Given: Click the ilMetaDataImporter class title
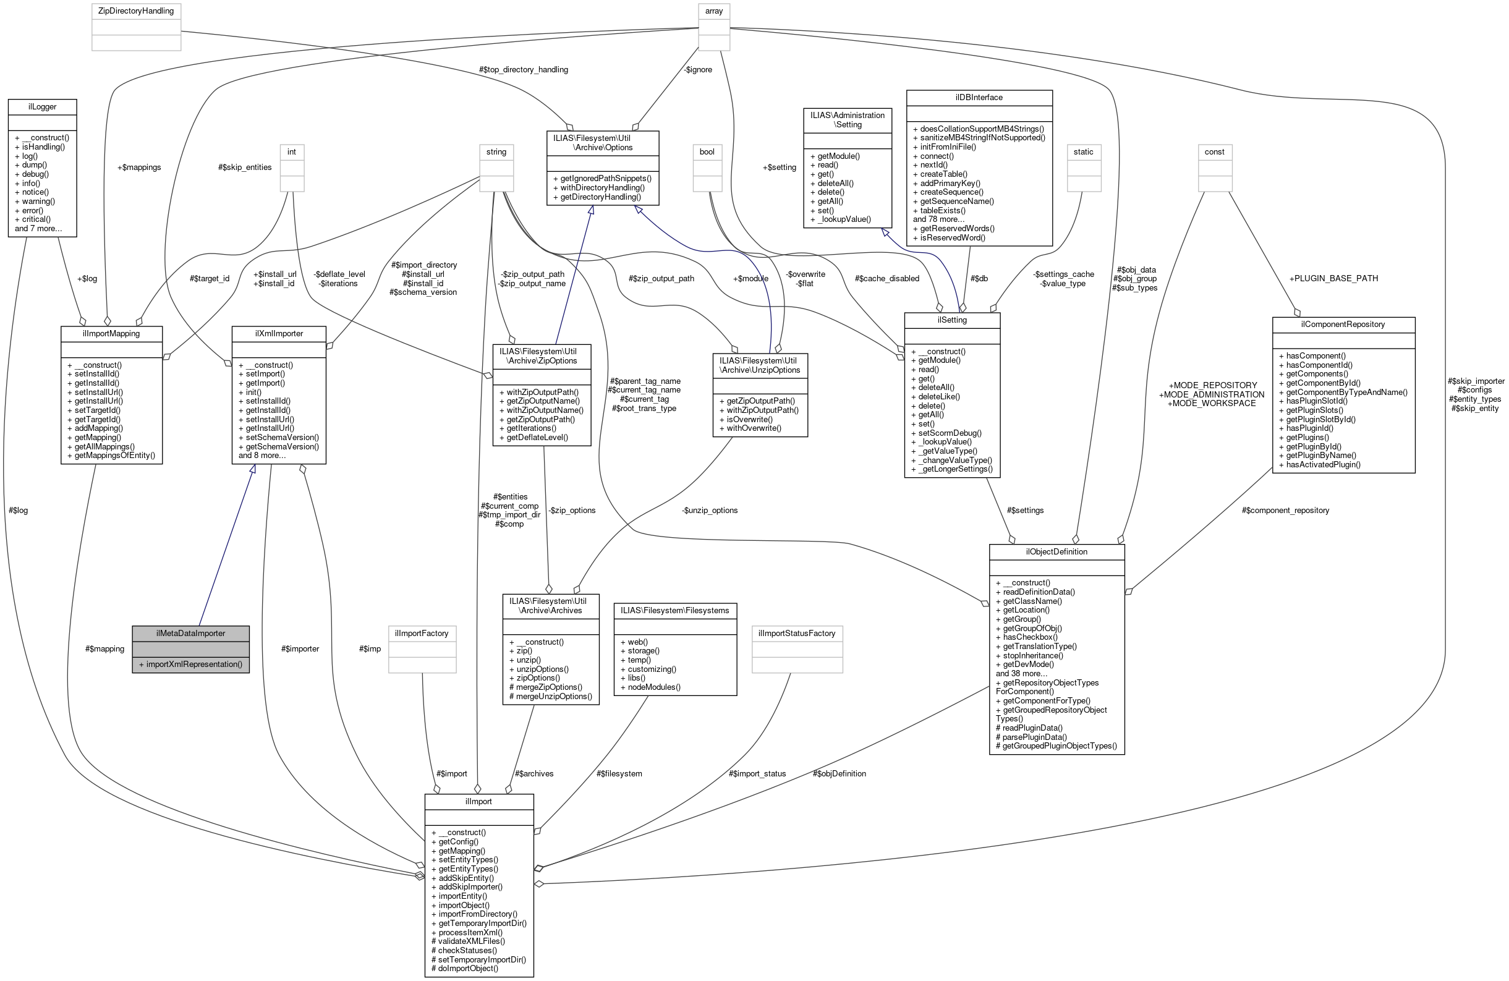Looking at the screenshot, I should pos(190,633).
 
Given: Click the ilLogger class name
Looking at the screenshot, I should pos(42,106).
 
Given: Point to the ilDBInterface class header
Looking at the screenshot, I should pos(979,97).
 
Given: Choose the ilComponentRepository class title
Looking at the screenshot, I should pos(1343,324).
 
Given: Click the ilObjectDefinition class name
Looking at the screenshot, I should pos(1056,551).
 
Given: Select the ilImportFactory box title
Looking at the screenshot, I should pos(422,633).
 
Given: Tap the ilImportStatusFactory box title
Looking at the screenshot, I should pos(796,633).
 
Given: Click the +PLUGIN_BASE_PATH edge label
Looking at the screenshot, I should pos(1333,278).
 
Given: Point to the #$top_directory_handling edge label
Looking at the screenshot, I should pos(524,70).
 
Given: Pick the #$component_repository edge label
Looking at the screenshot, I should pos(1285,510).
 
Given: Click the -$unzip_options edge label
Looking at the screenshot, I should pos(710,510).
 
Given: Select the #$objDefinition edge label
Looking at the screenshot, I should pos(839,773).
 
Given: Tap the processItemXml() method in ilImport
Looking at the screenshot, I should pos(470,932).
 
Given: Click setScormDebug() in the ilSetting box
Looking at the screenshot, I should pos(950,433).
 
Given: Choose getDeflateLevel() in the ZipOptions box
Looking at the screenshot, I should pos(537,437).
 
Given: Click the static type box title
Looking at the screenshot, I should pos(1084,151).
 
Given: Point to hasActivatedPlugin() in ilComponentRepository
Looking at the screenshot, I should pos(1322,464).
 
